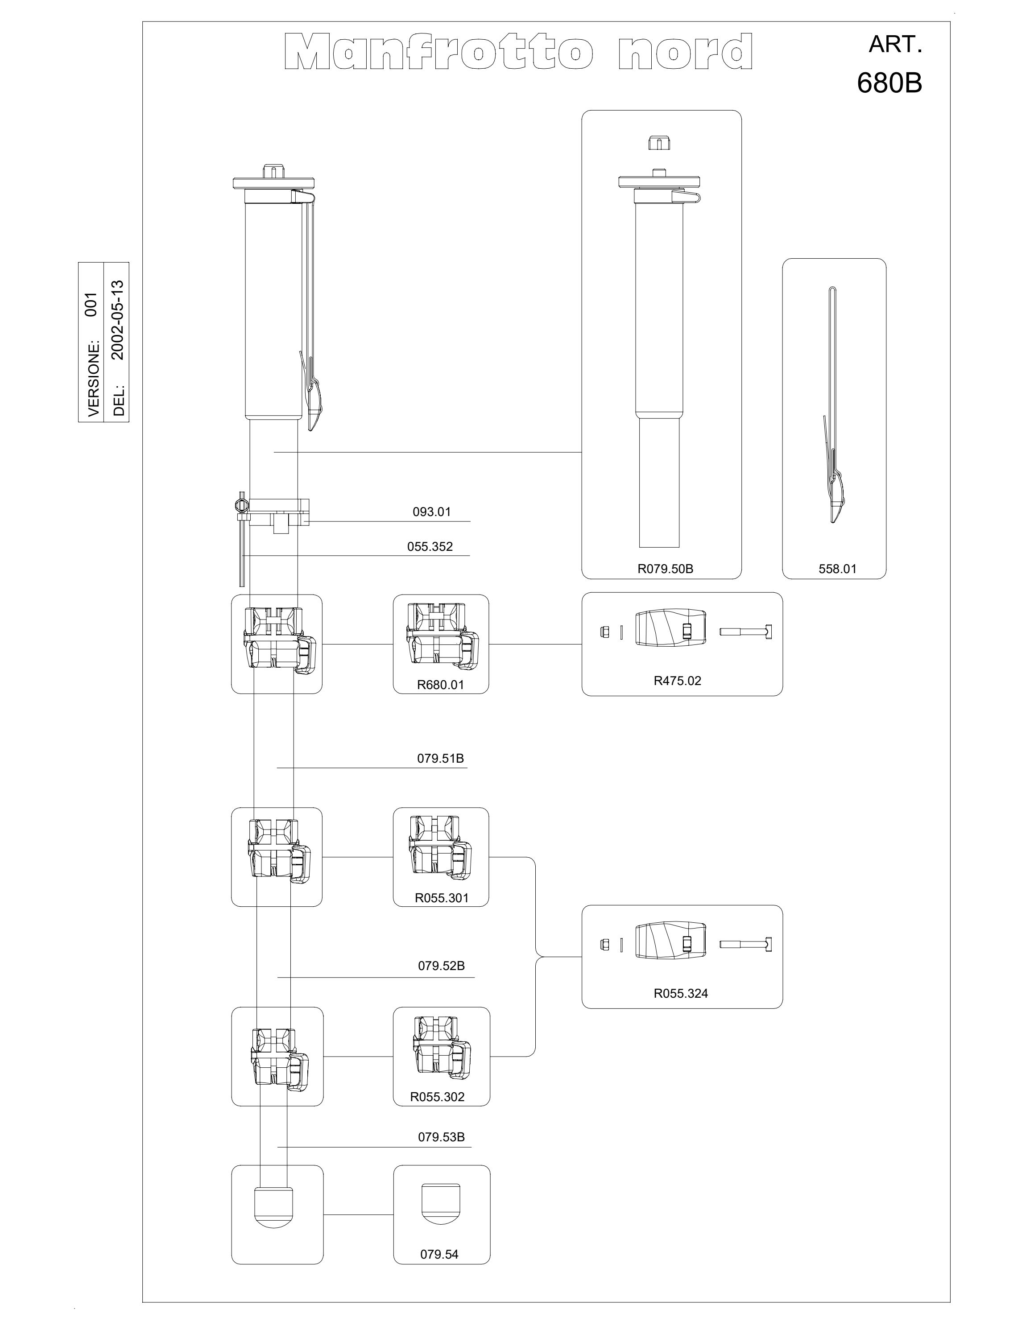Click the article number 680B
coord(889,83)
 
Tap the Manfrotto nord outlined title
coord(519,51)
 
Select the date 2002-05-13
coord(118,320)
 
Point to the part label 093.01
coord(432,512)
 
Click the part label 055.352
coord(430,546)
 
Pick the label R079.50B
coord(665,569)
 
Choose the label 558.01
coord(837,569)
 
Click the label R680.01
coord(440,685)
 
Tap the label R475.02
coord(678,681)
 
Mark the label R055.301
coord(442,898)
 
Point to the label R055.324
coord(681,994)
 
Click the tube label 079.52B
coord(441,966)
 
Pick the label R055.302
coord(437,1097)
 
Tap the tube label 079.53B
coord(441,1137)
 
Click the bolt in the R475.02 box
coord(745,631)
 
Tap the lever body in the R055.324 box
coord(671,944)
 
